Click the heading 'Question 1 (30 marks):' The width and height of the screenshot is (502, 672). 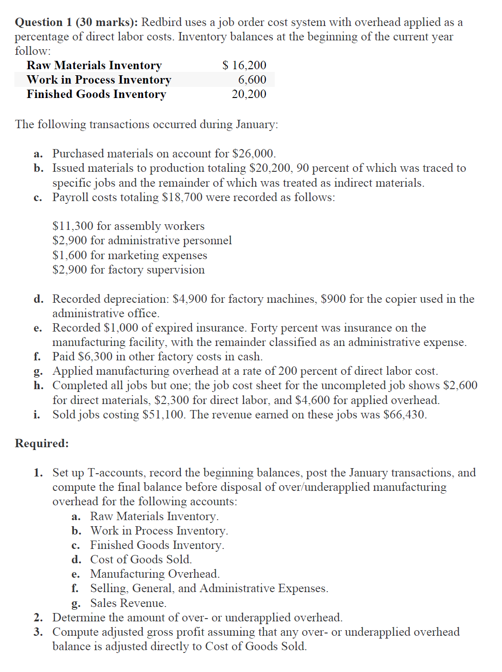(x=76, y=22)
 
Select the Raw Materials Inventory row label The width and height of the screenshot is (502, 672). (x=94, y=65)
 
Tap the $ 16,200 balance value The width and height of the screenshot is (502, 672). (x=244, y=65)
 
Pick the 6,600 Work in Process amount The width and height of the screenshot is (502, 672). (x=252, y=80)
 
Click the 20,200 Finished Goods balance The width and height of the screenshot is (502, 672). (x=249, y=94)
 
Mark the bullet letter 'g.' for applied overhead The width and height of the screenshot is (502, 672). (x=39, y=372)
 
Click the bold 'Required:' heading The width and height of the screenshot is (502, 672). (x=42, y=444)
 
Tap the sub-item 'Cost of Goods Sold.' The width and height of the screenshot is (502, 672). (x=141, y=560)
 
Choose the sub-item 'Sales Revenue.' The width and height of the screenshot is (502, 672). (x=128, y=603)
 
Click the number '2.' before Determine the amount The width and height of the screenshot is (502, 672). (x=39, y=618)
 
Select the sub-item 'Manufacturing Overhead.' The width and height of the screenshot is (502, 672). (x=155, y=574)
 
